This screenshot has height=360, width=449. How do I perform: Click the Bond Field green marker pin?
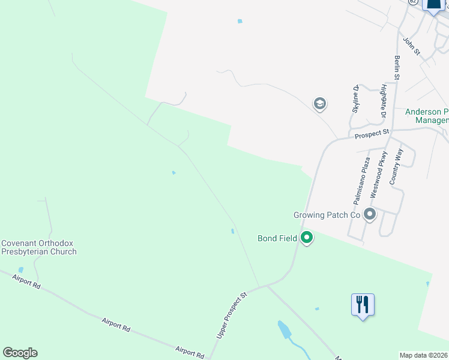coord(307,238)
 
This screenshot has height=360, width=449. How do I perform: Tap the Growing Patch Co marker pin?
coord(370,214)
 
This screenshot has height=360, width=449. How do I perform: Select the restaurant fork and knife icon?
coord(363,305)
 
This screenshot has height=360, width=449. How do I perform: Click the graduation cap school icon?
coord(320,104)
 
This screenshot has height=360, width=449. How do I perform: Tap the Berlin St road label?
coord(397,66)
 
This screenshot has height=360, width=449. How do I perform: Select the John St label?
coord(411,46)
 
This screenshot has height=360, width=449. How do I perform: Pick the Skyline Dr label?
coord(355,99)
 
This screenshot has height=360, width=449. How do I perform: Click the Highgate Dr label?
coord(382,100)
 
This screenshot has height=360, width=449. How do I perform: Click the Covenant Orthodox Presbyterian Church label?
coord(39,247)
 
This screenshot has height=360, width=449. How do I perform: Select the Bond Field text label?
coord(277,238)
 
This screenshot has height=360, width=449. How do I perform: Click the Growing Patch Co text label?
coord(327,215)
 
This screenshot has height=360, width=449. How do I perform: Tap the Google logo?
coord(20,353)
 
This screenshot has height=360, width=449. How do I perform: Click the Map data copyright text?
coord(424,355)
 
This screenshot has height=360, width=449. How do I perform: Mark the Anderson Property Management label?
coord(427,116)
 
